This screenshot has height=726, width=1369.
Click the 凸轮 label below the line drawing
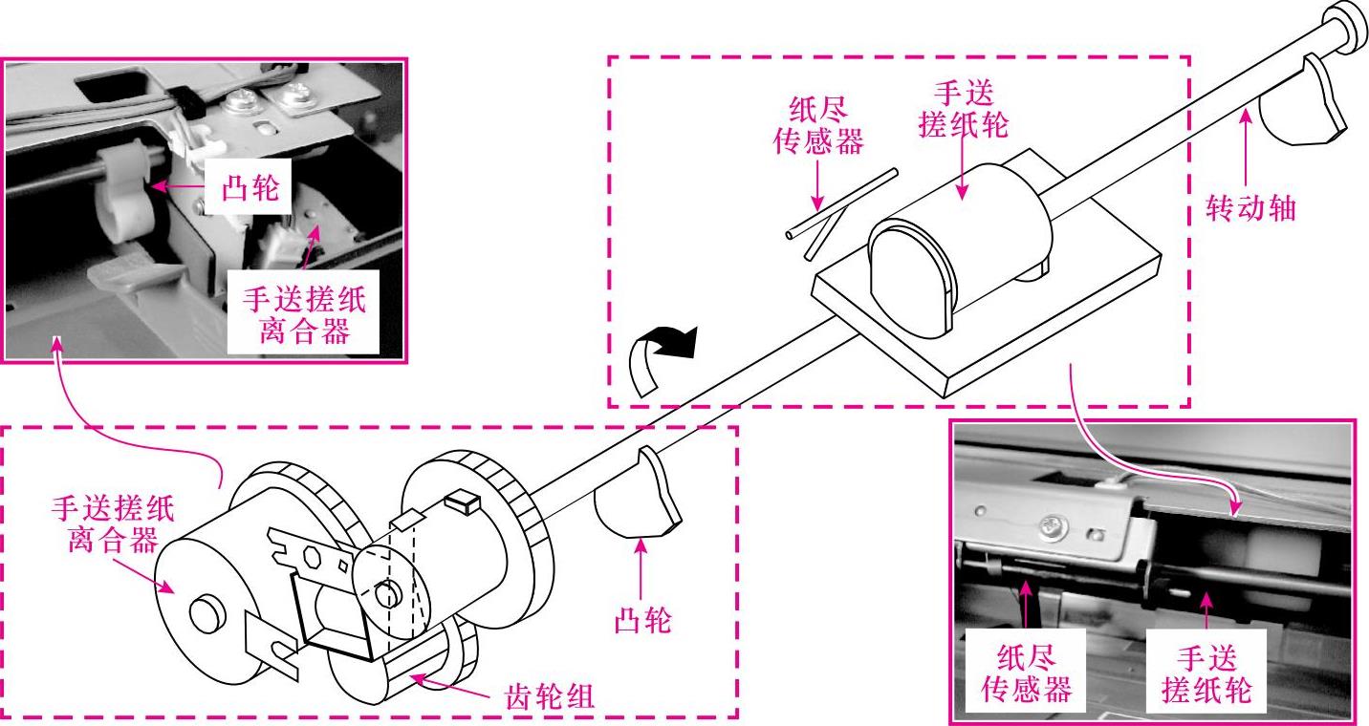click(x=641, y=621)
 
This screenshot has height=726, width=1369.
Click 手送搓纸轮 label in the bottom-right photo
click(x=1206, y=673)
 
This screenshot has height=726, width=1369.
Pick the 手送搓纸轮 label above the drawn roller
click(x=963, y=109)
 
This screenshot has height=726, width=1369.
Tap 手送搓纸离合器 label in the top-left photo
click(x=305, y=316)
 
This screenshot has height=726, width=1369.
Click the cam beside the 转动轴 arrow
click(x=1304, y=105)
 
